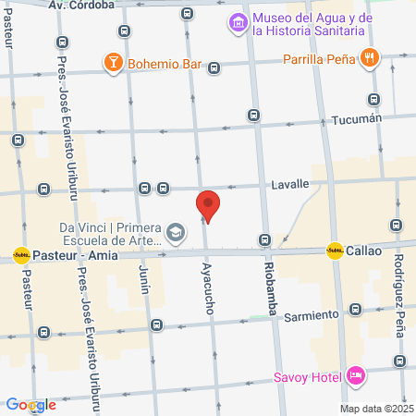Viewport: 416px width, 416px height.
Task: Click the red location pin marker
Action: point(208,206)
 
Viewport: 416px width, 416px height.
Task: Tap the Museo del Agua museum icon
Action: point(238,22)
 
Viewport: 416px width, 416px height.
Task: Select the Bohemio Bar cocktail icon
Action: point(114,63)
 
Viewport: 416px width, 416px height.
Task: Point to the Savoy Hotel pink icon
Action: point(355,376)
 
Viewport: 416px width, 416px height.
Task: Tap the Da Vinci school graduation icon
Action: point(176,228)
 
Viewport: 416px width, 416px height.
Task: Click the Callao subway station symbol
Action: point(334,251)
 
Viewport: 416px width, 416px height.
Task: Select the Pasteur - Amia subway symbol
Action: point(20,254)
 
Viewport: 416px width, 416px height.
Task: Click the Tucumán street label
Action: point(356,119)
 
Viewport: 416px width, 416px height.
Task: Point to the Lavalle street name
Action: point(289,184)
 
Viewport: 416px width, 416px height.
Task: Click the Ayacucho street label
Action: point(207,288)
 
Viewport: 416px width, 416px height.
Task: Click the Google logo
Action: point(31,405)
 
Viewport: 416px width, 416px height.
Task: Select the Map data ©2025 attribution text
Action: point(374,409)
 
